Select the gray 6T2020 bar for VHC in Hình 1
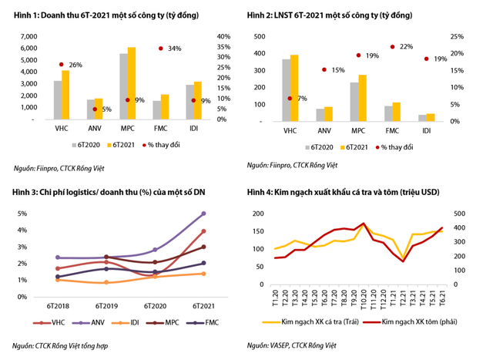pyautogui.click(x=58, y=100)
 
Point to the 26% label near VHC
pyautogui.click(x=75, y=65)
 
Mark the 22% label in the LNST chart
pyautogui.click(x=407, y=47)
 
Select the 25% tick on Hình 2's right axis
pyautogui.click(x=456, y=36)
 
